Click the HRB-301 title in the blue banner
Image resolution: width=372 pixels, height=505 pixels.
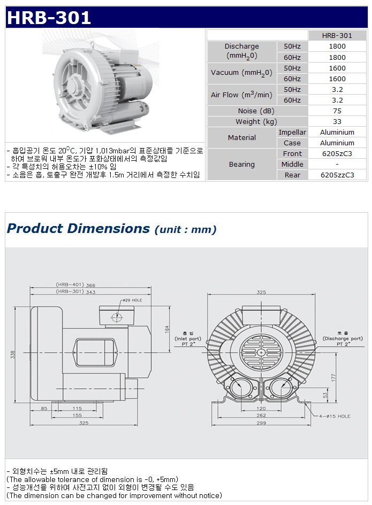click(x=49, y=18)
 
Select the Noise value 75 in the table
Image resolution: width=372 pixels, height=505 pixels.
click(x=337, y=111)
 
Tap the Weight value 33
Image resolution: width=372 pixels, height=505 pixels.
click(x=337, y=121)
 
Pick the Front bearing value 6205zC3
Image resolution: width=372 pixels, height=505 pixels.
click(x=337, y=153)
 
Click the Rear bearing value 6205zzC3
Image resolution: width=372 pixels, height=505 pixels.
click(x=337, y=175)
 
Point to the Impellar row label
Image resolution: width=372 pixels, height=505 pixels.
click(x=292, y=132)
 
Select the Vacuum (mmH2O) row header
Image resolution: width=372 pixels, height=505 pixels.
click(x=241, y=73)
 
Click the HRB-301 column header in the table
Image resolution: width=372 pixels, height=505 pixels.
click(x=337, y=35)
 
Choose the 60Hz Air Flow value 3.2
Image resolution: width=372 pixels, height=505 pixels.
click(x=337, y=100)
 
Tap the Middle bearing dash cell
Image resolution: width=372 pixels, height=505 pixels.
click(x=337, y=164)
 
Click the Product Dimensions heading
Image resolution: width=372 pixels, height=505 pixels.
click(x=78, y=228)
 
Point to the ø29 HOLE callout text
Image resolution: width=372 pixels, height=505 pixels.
click(x=132, y=300)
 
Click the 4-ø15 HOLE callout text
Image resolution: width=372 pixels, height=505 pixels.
click(x=335, y=416)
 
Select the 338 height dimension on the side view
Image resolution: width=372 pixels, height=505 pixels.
click(x=13, y=355)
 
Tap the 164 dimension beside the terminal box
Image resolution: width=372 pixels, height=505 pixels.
click(x=167, y=329)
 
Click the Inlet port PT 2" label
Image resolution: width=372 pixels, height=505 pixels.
click(x=188, y=339)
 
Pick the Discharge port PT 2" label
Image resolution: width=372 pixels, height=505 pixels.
click(x=343, y=339)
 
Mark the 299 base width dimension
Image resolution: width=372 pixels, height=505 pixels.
click(x=261, y=423)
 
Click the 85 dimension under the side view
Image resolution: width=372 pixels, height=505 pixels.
click(x=44, y=408)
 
